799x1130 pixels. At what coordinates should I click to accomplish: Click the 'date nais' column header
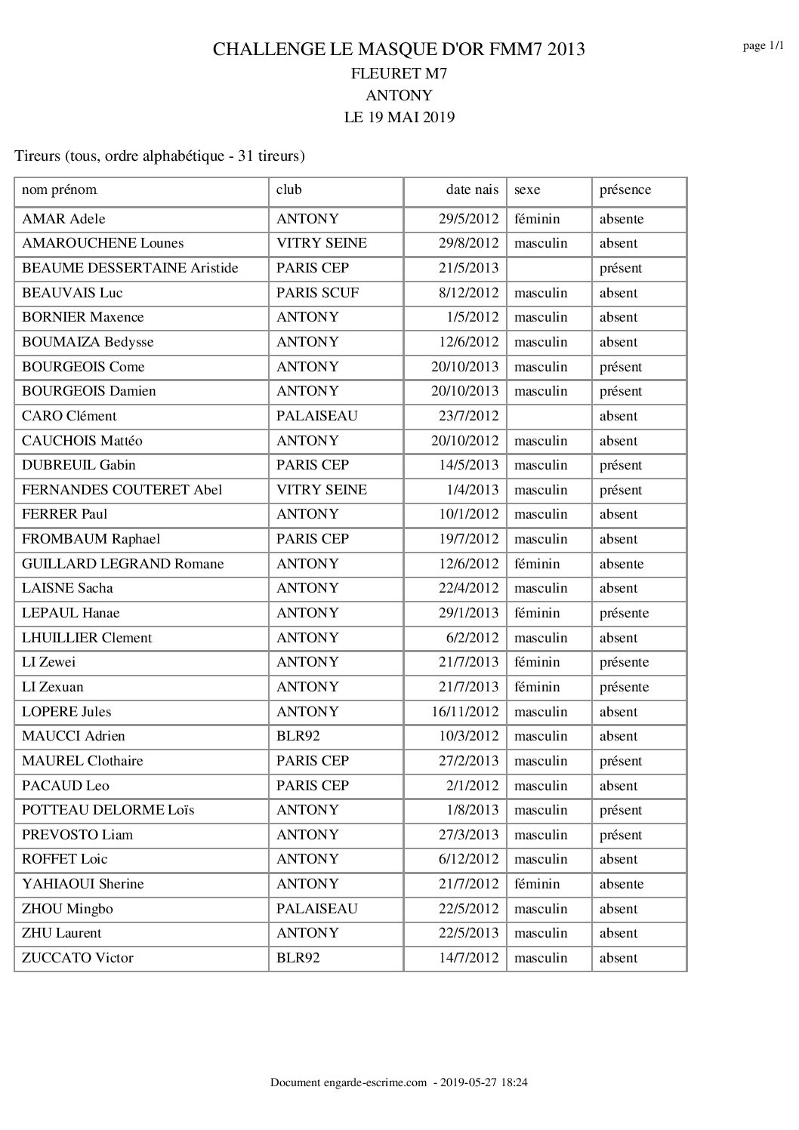[x=472, y=190]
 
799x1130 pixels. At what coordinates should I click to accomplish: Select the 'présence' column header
[x=625, y=190]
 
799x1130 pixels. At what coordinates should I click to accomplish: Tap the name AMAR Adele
[x=63, y=219]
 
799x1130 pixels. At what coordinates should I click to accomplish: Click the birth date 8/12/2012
[x=468, y=293]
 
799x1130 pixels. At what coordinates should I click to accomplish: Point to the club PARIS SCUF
[x=317, y=293]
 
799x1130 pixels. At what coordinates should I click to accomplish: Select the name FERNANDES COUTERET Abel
[x=122, y=490]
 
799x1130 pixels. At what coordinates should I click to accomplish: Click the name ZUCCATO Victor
[x=77, y=958]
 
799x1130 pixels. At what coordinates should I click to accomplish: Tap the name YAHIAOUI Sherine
[x=82, y=884]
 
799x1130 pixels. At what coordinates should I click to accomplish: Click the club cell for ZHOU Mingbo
[x=316, y=909]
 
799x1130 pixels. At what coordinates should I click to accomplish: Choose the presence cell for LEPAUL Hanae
[x=624, y=613]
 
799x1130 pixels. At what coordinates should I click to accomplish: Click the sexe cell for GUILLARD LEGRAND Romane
[x=537, y=564]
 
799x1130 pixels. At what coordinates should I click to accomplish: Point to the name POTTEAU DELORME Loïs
[x=108, y=810]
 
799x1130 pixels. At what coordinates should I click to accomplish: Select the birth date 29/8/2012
[x=468, y=243]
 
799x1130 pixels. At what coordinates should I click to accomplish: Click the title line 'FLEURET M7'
[x=399, y=73]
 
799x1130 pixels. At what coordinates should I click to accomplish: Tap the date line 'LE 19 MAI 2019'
[x=399, y=117]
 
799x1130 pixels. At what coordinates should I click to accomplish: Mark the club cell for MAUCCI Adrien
[x=298, y=736]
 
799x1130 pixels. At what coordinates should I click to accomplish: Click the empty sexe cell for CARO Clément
[x=548, y=416]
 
